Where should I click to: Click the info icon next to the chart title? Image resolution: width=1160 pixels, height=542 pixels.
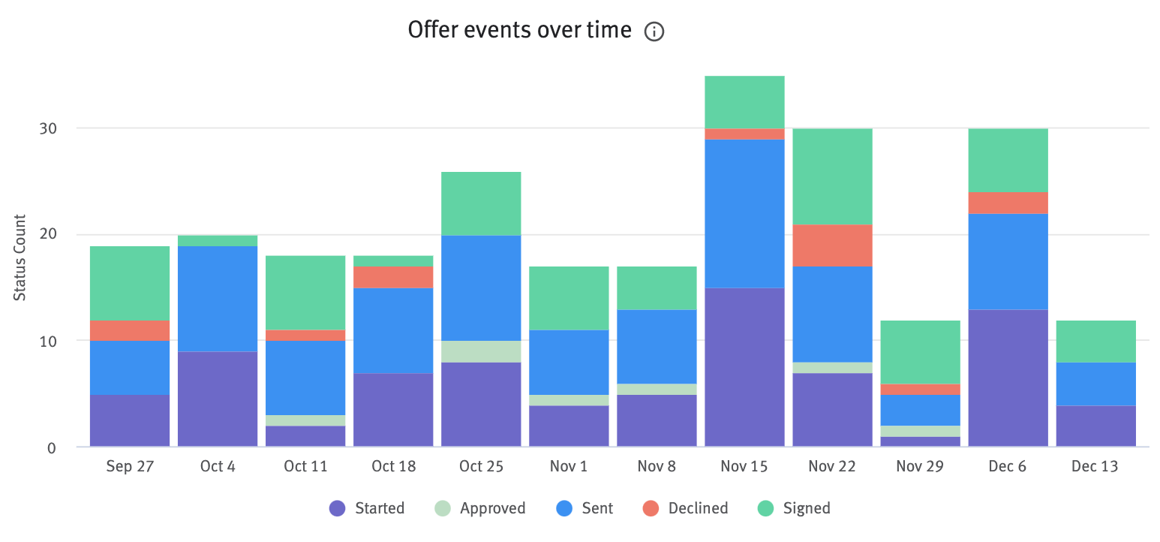pyautogui.click(x=654, y=32)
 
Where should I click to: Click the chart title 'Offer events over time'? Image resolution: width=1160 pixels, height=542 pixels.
pyautogui.click(x=519, y=31)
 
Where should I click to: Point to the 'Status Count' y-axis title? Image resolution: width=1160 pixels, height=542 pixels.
pyautogui.click(x=20, y=257)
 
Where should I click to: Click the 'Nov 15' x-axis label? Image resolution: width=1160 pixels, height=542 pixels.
pyautogui.click(x=744, y=467)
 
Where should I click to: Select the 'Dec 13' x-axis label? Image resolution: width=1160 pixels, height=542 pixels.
pyautogui.click(x=1095, y=467)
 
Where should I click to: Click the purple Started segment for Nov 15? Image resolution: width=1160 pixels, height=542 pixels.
pyautogui.click(x=744, y=367)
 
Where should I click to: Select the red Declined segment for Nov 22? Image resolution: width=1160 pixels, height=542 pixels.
pyautogui.click(x=832, y=245)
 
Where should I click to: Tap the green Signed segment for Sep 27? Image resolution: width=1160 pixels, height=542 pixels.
pyautogui.click(x=130, y=284)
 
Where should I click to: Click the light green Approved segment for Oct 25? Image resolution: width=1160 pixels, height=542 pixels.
pyautogui.click(x=481, y=351)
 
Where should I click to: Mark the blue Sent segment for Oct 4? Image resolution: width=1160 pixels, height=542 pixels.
pyautogui.click(x=218, y=299)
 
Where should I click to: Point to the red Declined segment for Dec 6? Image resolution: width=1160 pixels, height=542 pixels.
pyautogui.click(x=1008, y=203)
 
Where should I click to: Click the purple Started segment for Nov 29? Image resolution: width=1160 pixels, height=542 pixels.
pyautogui.click(x=920, y=441)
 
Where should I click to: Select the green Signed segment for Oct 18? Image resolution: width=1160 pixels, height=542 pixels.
pyautogui.click(x=393, y=261)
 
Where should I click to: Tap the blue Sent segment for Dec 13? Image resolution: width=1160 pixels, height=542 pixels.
pyautogui.click(x=1095, y=384)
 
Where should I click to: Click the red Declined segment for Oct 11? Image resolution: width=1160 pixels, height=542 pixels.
pyautogui.click(x=305, y=336)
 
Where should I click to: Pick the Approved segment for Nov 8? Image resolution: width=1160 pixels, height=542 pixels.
pyautogui.click(x=657, y=389)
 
